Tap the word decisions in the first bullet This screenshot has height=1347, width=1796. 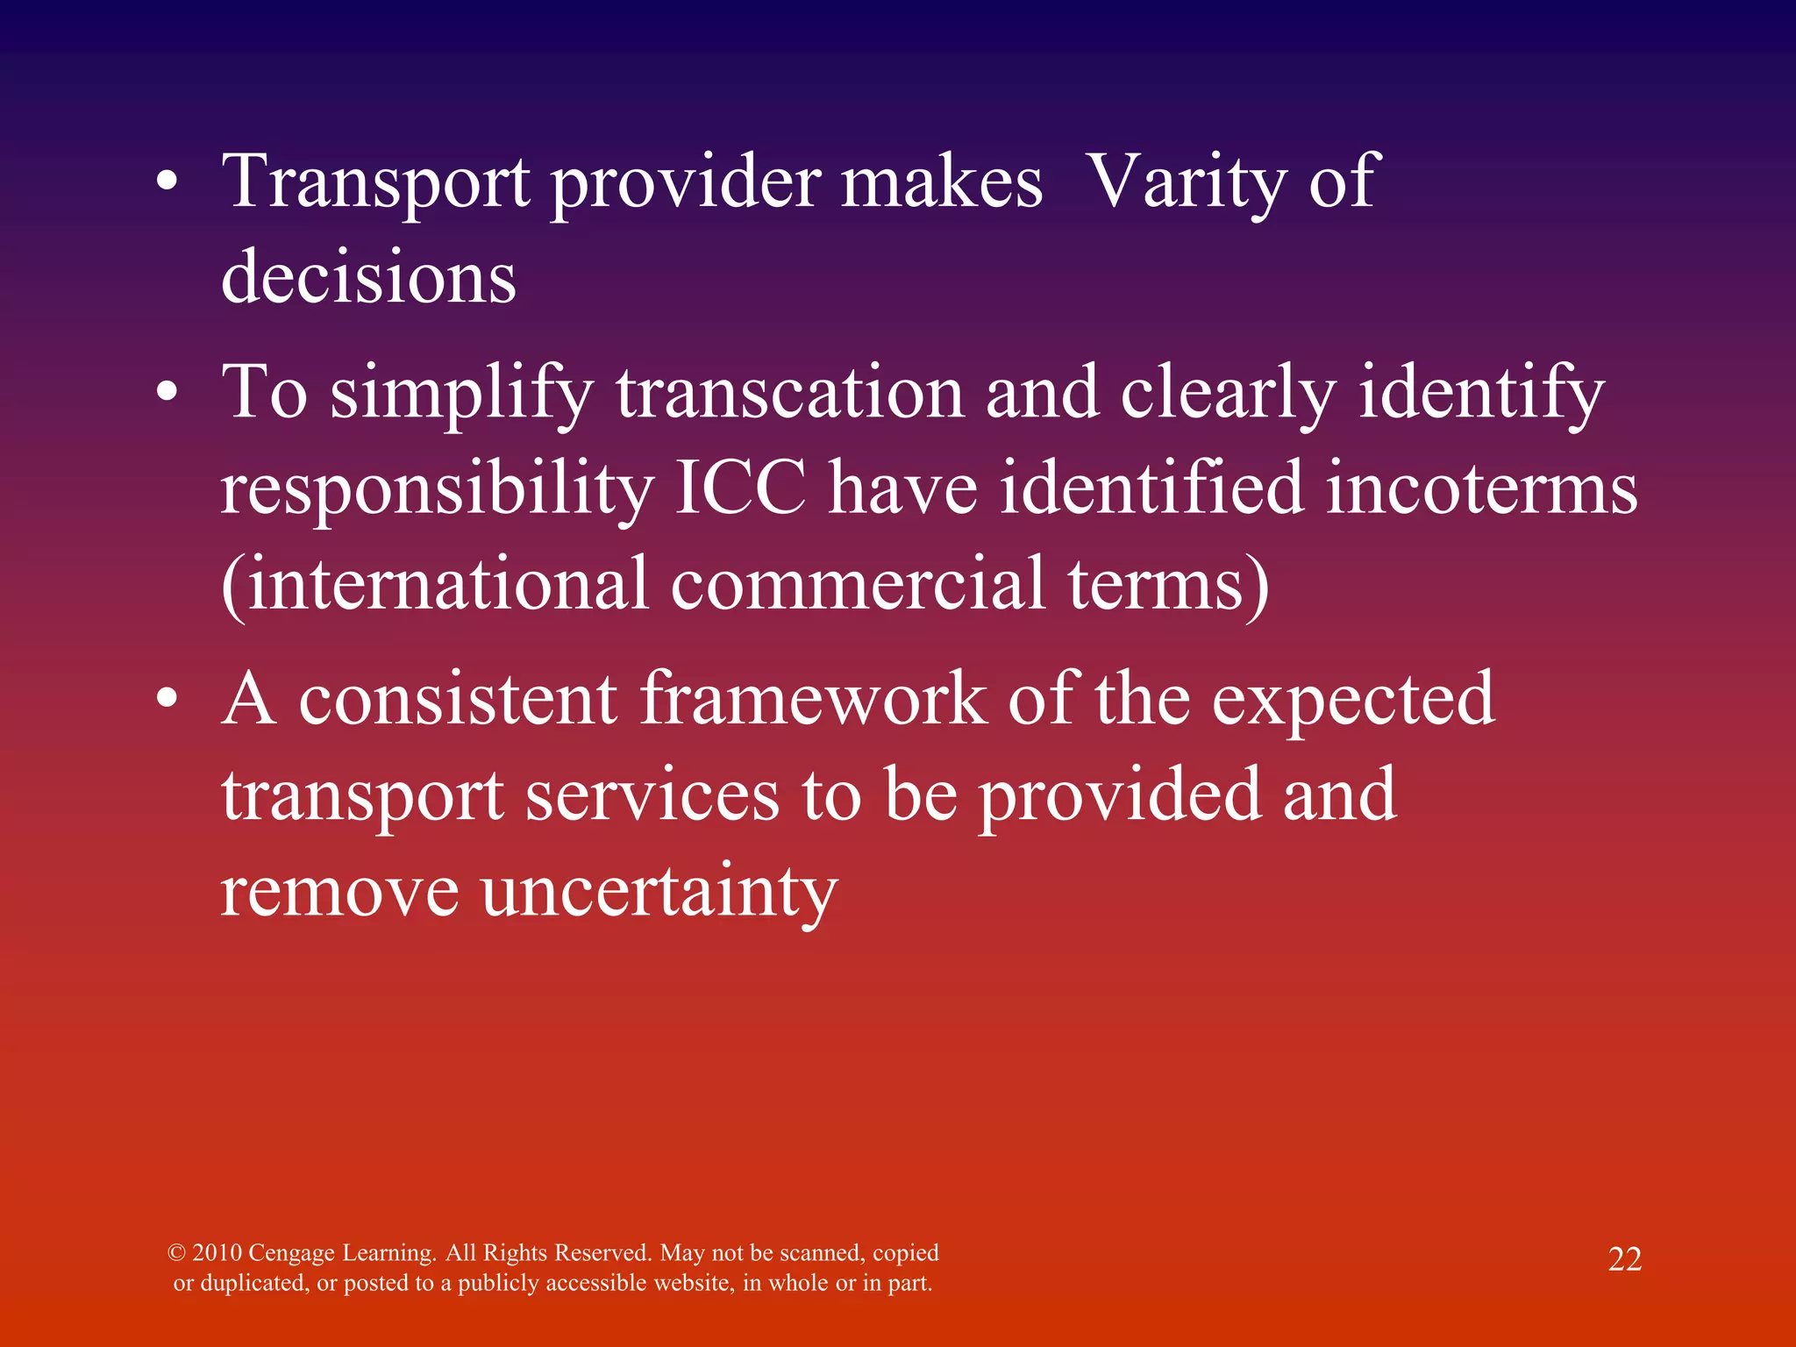click(x=368, y=277)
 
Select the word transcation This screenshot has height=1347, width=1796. click(x=790, y=392)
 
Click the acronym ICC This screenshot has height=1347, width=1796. click(x=740, y=488)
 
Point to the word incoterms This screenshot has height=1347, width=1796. click(x=1481, y=488)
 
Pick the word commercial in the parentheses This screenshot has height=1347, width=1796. click(x=858, y=583)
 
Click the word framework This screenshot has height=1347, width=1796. click(x=813, y=699)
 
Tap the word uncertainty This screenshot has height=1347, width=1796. click(x=659, y=891)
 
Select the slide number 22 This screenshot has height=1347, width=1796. click(x=1624, y=1259)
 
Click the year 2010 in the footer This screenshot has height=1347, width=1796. click(x=217, y=1252)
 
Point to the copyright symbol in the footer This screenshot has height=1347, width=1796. click(x=176, y=1252)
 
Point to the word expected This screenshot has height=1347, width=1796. click(x=1352, y=701)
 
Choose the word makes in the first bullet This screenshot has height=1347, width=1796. click(x=942, y=182)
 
